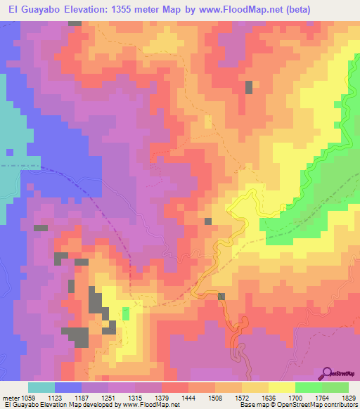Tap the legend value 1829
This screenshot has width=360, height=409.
349,397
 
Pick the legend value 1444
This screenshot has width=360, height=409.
189,397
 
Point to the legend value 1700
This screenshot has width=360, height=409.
296,397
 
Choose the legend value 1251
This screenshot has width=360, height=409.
109,397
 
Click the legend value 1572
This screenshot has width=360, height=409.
243,397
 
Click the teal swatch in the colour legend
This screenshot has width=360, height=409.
41,387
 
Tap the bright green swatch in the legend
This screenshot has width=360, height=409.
309,387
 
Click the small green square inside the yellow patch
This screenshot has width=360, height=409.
126,314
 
